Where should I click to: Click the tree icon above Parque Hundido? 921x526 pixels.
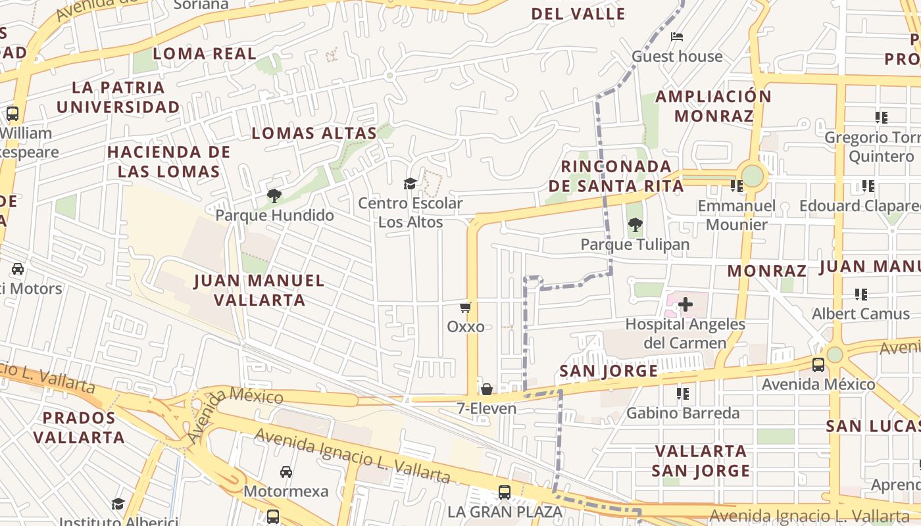(274, 195)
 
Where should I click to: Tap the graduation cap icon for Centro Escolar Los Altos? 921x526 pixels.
(411, 183)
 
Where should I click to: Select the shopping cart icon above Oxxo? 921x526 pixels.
(466, 307)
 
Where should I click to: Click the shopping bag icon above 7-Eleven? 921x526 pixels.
(487, 389)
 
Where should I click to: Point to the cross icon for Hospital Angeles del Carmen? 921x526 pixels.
(685, 304)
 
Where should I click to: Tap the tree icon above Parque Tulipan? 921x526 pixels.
(635, 226)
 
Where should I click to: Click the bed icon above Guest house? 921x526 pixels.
(677, 37)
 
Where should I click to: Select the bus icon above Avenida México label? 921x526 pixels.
(818, 364)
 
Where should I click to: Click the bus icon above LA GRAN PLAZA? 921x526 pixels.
(505, 492)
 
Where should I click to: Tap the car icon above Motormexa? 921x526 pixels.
(286, 472)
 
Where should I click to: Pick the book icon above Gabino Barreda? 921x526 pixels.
(683, 394)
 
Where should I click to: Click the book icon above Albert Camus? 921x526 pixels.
(861, 294)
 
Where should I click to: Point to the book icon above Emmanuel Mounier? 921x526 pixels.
(737, 186)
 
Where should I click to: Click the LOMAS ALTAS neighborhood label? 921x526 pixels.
(314, 133)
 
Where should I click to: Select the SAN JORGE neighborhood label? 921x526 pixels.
(609, 371)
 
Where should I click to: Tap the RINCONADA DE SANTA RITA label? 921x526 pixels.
(616, 176)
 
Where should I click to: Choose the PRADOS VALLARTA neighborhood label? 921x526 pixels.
(79, 427)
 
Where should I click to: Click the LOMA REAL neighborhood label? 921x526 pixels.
(205, 54)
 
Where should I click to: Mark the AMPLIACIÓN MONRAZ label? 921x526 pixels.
(714, 106)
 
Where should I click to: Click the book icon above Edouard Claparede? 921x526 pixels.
(868, 186)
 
